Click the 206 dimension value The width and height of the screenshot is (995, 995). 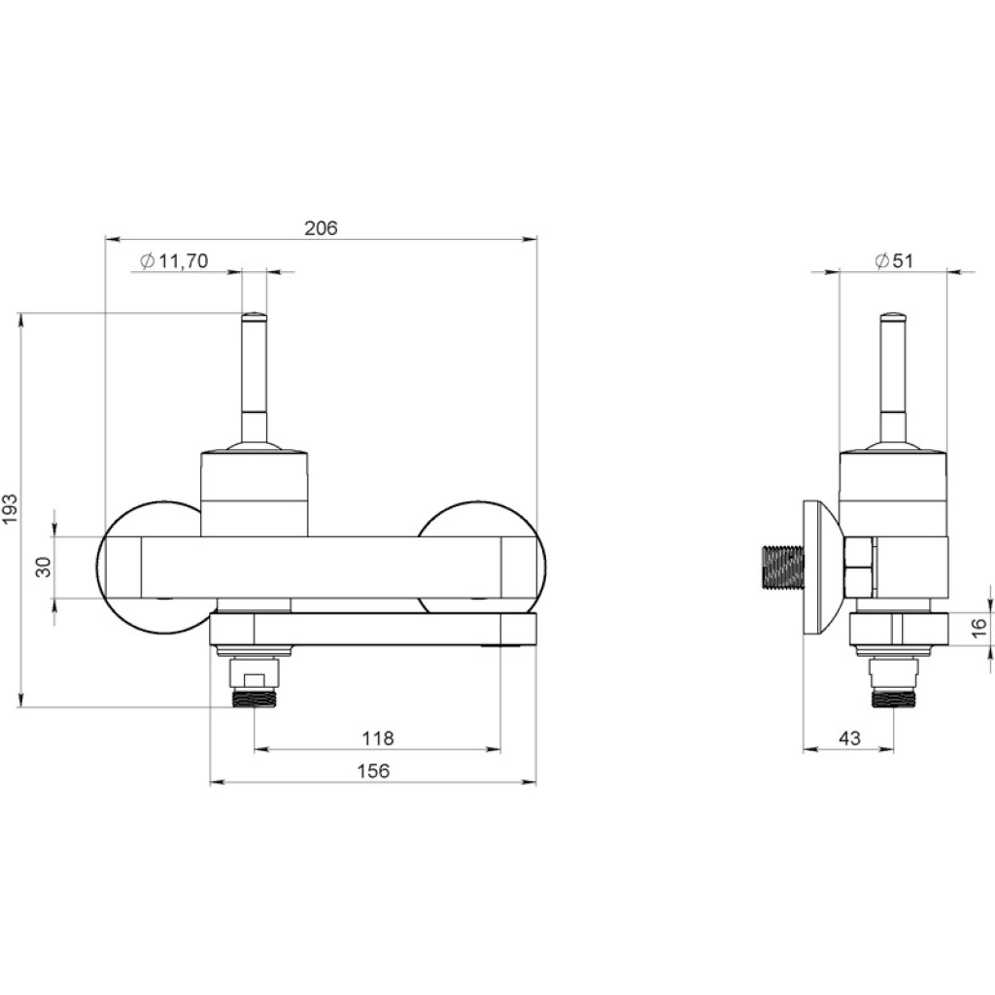321,227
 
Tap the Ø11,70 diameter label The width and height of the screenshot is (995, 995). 174,260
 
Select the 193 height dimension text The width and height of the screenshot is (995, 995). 10,509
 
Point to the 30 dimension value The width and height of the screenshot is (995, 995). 43,566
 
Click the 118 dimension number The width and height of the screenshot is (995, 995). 378,738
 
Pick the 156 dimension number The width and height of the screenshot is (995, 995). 373,771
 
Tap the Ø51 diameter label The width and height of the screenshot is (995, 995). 894,260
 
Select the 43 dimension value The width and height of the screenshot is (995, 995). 849,738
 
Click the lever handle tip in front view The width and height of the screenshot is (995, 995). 254,315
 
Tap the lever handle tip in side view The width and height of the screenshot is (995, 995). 893,315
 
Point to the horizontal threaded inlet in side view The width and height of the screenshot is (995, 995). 782,566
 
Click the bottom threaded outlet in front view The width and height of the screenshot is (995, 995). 254,698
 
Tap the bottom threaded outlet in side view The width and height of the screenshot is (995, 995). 894,698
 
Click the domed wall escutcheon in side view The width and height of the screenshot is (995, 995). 822,566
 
